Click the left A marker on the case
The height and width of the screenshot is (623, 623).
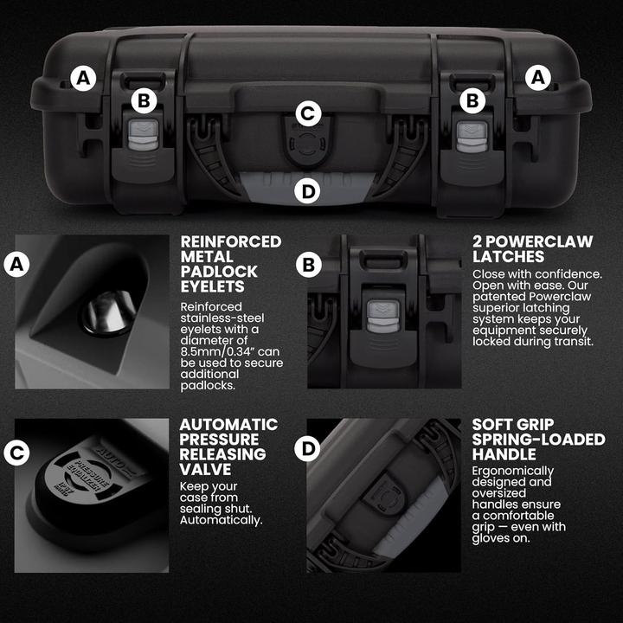[x=83, y=79]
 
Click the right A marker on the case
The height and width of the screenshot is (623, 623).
[x=539, y=79]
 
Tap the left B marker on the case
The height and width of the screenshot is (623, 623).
[x=145, y=101]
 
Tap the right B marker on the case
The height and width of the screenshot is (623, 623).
[x=472, y=101]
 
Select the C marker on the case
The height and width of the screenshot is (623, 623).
[x=308, y=112]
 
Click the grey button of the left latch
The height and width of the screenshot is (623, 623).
[x=138, y=137]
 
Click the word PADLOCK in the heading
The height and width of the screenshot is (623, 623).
[x=214, y=273]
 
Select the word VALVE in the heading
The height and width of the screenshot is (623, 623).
[x=203, y=470]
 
